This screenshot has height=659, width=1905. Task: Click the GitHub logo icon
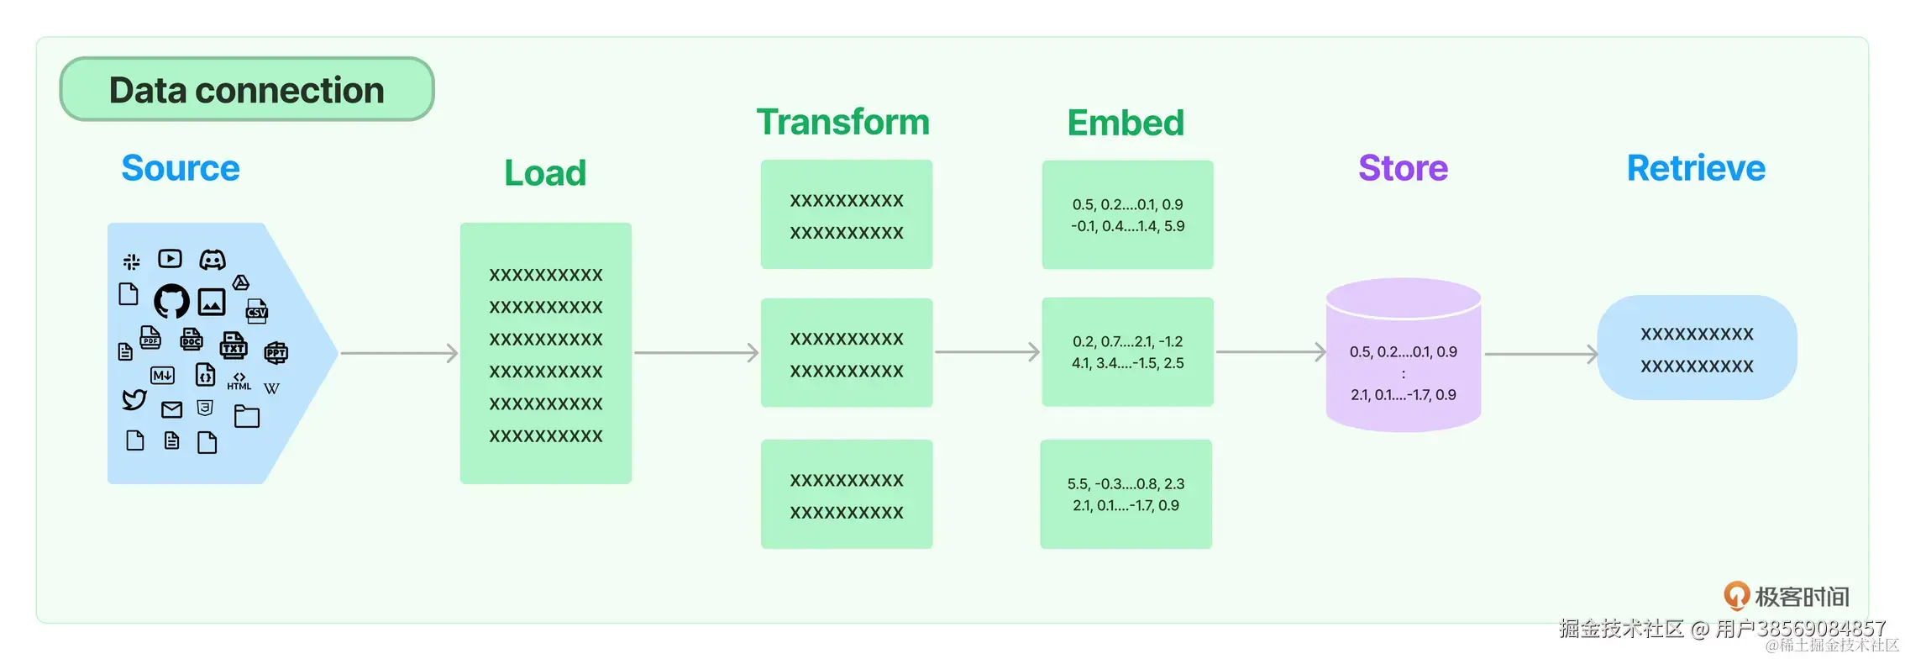pos(171,301)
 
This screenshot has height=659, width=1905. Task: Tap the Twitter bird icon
pos(134,399)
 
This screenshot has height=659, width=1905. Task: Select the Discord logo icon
pos(213,260)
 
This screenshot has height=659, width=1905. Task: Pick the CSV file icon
pos(257,311)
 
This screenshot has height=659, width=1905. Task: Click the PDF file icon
pos(150,338)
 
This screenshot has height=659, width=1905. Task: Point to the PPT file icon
pos(276,352)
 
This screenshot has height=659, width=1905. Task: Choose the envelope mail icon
pos(172,409)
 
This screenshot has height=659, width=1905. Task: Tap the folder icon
pos(247,416)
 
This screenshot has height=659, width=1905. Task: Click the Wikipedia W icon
pos(271,388)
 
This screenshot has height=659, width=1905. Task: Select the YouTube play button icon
pos(170,258)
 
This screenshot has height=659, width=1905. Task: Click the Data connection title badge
pos(247,89)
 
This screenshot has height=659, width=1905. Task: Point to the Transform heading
pos(843,123)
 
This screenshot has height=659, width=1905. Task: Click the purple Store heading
pos(1404,168)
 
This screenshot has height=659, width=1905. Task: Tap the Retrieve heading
pos(1696,168)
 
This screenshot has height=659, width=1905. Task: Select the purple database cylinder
pos(1404,355)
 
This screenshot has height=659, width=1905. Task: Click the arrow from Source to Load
pos(399,353)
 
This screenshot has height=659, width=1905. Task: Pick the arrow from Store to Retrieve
pos(1541,354)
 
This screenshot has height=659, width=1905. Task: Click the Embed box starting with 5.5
pos(1126,494)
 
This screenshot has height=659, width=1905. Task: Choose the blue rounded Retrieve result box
pos(1697,348)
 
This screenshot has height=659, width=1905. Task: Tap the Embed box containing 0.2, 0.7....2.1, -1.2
pos(1128,352)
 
